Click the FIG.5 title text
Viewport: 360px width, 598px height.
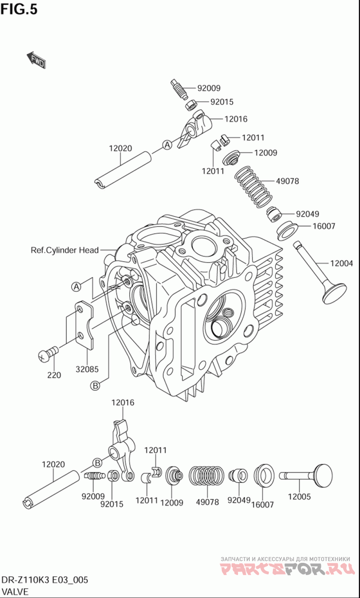pos(19,9)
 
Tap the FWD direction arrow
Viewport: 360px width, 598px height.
pos(36,60)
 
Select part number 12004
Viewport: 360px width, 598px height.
pos(342,263)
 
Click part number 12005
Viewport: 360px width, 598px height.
pos(299,497)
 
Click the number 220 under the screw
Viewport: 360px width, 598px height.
pos(54,375)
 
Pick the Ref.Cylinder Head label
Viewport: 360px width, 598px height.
pos(64,250)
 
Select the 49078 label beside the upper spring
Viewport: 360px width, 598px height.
pos(287,181)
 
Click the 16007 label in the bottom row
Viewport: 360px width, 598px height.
pos(262,505)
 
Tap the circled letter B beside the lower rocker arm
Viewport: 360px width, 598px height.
pos(97,462)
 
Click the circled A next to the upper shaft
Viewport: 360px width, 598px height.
pos(166,145)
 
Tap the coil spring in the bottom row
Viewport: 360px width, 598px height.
pos(206,477)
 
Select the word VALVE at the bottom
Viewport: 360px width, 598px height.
pos(15,591)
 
